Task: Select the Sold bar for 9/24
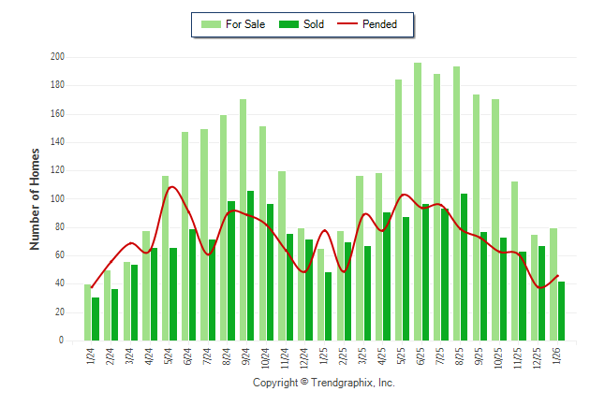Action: [x=251, y=266]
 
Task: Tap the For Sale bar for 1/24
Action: [x=88, y=312]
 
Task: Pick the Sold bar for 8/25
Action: [x=464, y=267]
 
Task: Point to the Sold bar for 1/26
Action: [x=561, y=311]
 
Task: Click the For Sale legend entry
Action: [x=233, y=24]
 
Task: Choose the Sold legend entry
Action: [x=304, y=24]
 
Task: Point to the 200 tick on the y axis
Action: [x=57, y=57]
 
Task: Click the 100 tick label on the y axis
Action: [x=57, y=199]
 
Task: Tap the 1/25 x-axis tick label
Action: [x=325, y=356]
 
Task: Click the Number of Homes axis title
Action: [x=36, y=198]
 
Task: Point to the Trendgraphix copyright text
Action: [x=323, y=384]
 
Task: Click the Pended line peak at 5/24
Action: [x=171, y=187]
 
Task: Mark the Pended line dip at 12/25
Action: [x=541, y=287]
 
